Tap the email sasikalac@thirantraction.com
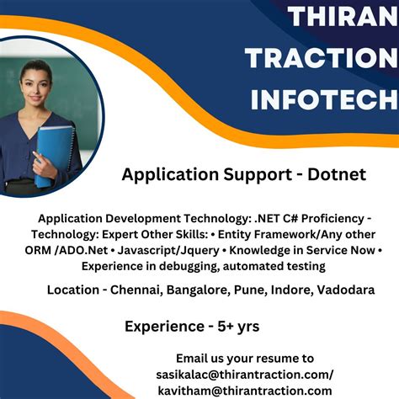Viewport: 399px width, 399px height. pyautogui.click(x=244, y=374)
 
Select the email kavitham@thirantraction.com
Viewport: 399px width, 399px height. pyautogui.click(x=244, y=390)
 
